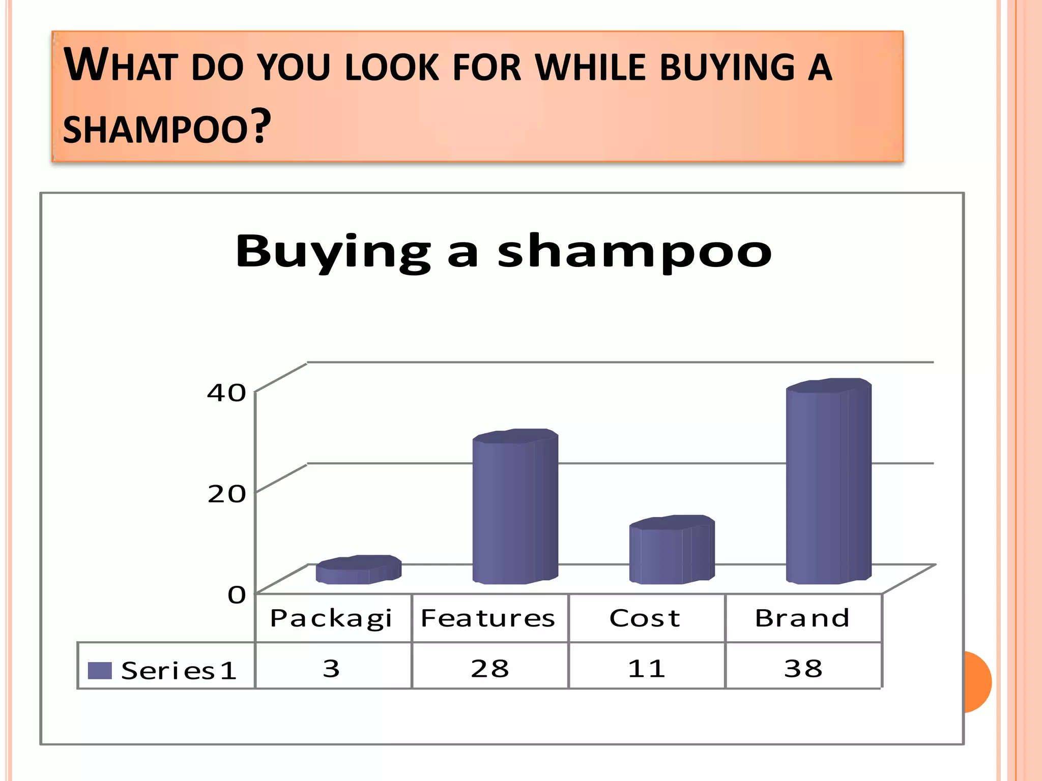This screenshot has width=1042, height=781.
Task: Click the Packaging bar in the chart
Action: pyautogui.click(x=358, y=570)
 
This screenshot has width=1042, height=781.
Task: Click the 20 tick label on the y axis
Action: pyautogui.click(x=226, y=494)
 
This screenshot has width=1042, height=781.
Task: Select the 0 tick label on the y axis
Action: pyautogui.click(x=237, y=594)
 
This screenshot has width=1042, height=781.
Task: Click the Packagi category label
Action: pyautogui.click(x=331, y=619)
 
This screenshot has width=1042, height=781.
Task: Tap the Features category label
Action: pyautogui.click(x=488, y=619)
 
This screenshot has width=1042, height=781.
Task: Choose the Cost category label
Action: pyautogui.click(x=645, y=619)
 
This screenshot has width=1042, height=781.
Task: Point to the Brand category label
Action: pyautogui.click(x=802, y=619)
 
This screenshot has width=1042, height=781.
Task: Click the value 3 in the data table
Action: pyautogui.click(x=331, y=668)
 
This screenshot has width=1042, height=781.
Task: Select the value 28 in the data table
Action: pyautogui.click(x=489, y=668)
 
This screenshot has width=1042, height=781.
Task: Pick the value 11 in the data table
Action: pyautogui.click(x=646, y=668)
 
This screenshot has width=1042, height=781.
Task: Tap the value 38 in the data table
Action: pyautogui.click(x=803, y=668)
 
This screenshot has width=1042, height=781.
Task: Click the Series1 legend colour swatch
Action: pyautogui.click(x=100, y=671)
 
